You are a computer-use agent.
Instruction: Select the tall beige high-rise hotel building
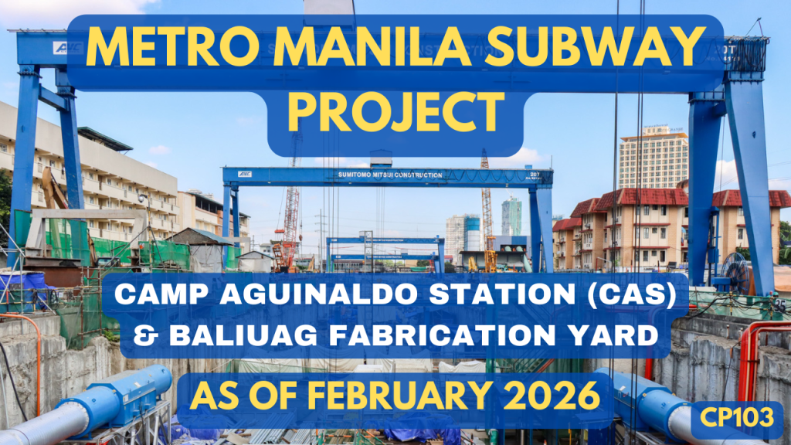pyautogui.click(x=653, y=158)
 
